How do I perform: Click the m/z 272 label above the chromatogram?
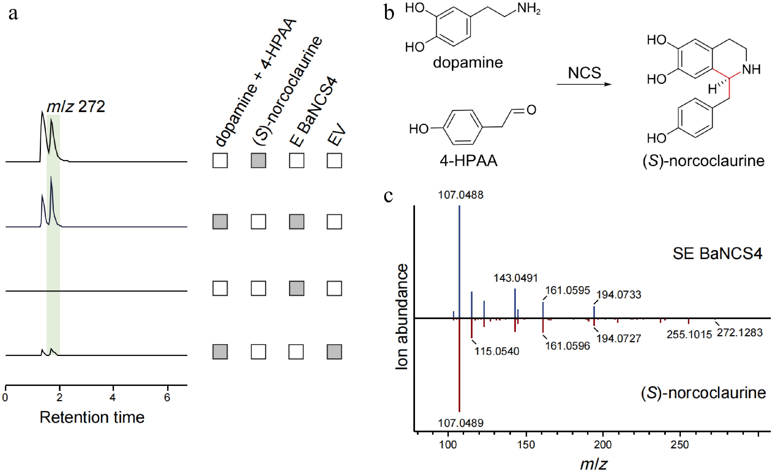click(76, 107)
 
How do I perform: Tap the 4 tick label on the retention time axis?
click(113, 398)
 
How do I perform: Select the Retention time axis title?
click(92, 417)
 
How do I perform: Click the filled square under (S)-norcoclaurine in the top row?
click(258, 161)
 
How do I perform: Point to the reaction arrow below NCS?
click(584, 84)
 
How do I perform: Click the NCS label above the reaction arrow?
click(584, 73)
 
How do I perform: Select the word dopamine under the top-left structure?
click(468, 62)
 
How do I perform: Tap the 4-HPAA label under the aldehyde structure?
click(468, 161)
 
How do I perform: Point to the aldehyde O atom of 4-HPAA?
click(531, 110)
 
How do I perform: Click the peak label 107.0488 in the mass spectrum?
click(461, 195)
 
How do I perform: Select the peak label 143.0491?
click(515, 278)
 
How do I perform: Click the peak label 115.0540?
click(497, 351)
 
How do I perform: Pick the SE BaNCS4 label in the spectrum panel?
click(717, 254)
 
